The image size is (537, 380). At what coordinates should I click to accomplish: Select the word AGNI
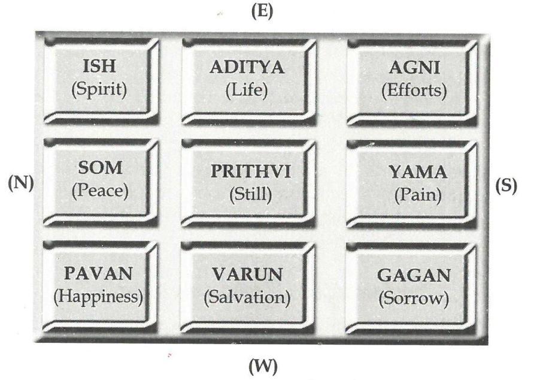414,67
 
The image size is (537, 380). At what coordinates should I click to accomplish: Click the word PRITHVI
250,171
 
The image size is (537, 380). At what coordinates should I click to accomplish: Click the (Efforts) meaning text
414,91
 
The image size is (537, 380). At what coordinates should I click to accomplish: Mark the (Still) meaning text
250,195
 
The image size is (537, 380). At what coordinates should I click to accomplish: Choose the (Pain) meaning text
417,196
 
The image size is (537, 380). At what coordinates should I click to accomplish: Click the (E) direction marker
261,13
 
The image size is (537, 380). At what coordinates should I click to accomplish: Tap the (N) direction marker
20,183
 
